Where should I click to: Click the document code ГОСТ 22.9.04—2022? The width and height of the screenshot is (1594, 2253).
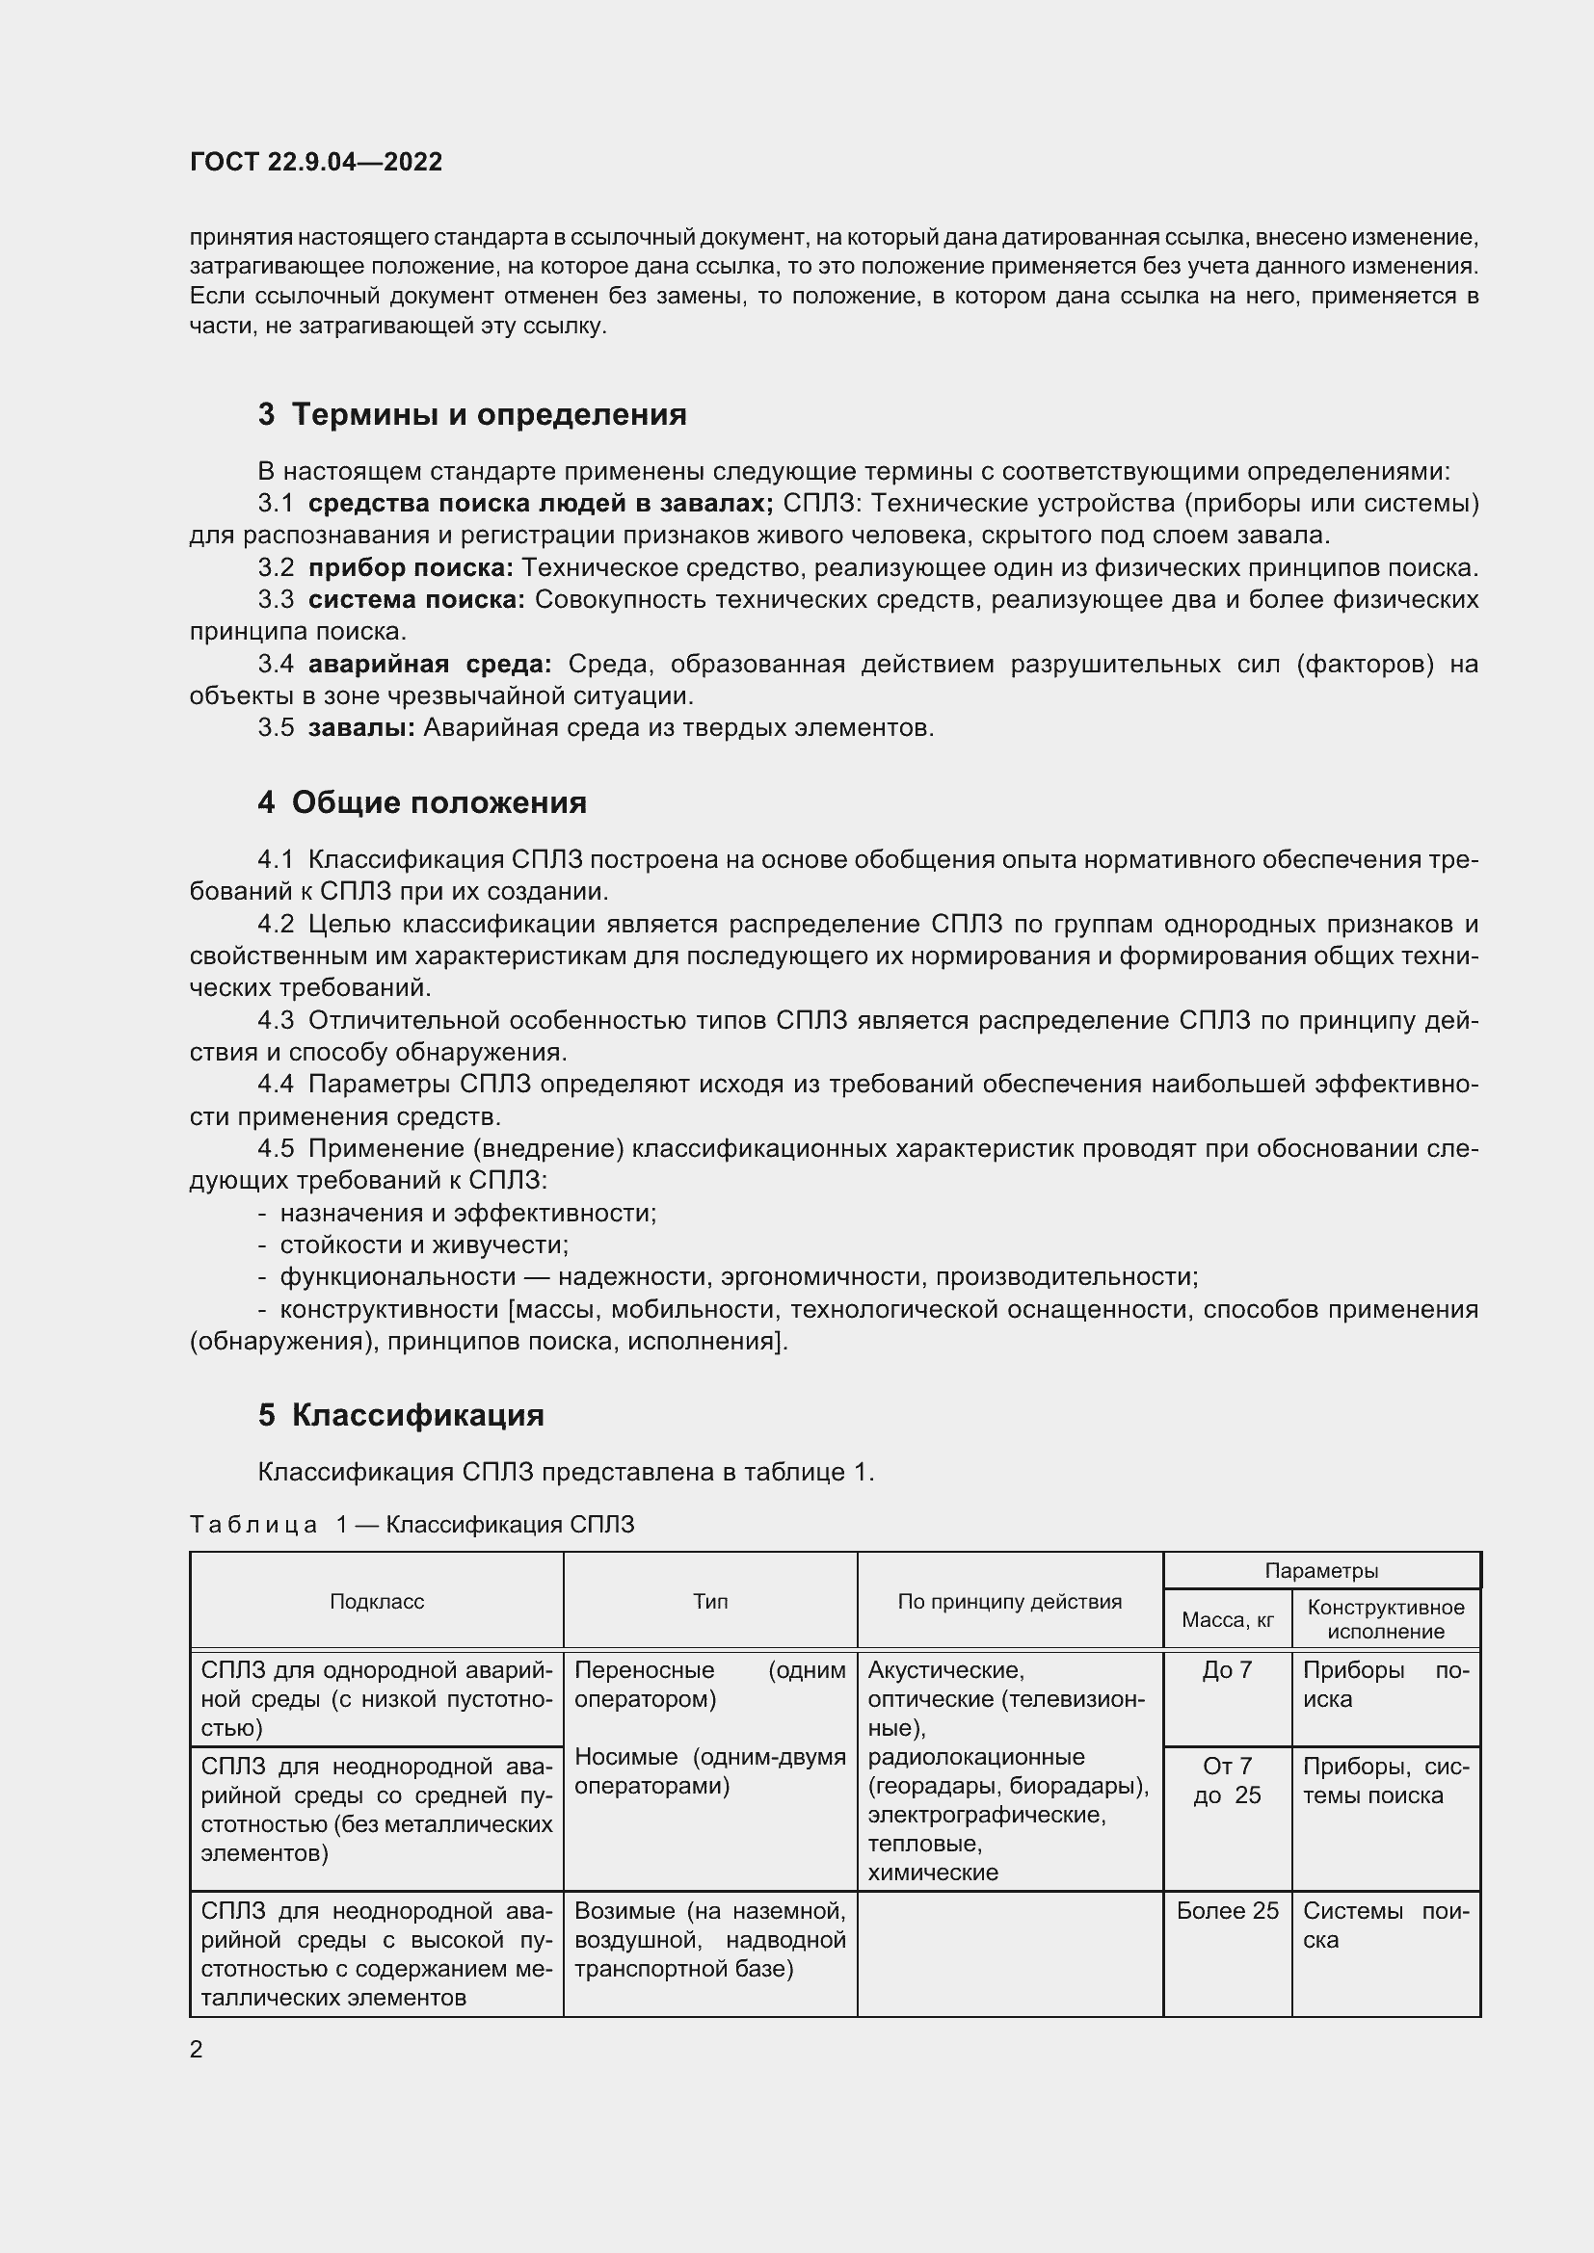tap(315, 162)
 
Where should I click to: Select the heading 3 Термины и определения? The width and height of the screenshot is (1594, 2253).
tap(472, 415)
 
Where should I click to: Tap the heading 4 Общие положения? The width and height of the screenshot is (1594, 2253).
tap(422, 802)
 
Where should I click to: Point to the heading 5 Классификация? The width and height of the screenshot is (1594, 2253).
tap(401, 1415)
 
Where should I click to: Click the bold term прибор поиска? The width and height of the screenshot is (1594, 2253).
tap(411, 567)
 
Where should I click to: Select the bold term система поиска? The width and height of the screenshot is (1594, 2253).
tap(416, 599)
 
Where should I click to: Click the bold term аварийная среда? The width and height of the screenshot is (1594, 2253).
tap(430, 665)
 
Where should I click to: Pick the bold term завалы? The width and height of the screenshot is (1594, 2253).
tap(361, 728)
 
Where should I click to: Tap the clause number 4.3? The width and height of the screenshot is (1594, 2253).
tap(276, 1020)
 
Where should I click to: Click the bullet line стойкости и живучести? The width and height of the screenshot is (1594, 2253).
tap(424, 1245)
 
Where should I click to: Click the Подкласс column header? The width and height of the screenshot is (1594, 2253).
tap(377, 1602)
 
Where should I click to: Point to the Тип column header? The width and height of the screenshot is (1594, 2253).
tap(709, 1602)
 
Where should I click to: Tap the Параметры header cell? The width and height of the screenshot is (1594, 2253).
tap(1320, 1571)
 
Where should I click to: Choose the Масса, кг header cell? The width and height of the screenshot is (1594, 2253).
tap(1227, 1620)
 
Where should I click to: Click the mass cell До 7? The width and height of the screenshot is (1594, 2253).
tap(1227, 1670)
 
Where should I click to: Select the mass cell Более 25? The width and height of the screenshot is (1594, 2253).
tap(1227, 1910)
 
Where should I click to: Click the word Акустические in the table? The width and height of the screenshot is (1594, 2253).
tap(945, 1670)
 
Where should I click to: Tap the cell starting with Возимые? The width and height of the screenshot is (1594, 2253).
tap(709, 1939)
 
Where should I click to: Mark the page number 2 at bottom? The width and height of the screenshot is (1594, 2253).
tap(197, 2050)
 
